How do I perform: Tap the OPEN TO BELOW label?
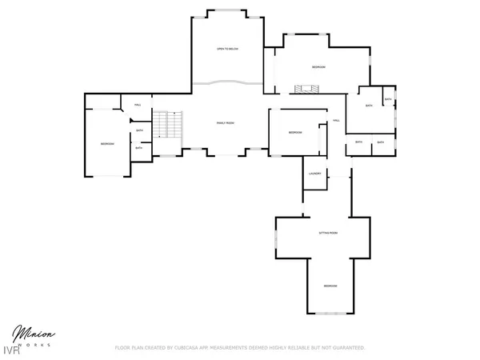(227, 50)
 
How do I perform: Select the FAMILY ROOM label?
(226, 122)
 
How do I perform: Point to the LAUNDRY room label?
(314, 174)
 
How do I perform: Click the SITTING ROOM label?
(328, 233)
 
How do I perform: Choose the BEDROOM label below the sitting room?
(330, 286)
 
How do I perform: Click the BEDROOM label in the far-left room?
(107, 143)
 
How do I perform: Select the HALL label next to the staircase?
(138, 105)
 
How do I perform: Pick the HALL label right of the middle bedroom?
(337, 121)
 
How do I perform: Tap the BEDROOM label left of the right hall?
(294, 132)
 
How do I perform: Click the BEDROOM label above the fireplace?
(318, 66)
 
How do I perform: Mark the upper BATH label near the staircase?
(139, 131)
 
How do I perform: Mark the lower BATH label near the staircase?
(139, 147)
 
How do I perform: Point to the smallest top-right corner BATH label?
(388, 99)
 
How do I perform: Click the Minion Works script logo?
(32, 334)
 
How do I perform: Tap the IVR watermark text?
(11, 350)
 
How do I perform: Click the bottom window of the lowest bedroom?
(330, 313)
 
